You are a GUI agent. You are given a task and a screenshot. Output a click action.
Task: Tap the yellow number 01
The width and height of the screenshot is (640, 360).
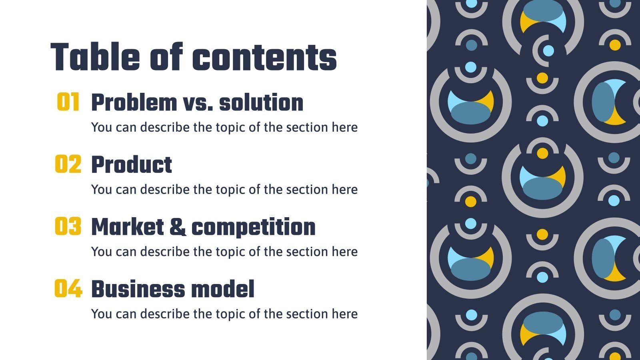point(68,102)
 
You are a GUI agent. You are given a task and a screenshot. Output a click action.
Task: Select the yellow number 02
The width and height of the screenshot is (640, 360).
point(68,164)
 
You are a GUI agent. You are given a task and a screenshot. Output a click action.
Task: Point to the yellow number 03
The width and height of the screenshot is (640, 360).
point(68,226)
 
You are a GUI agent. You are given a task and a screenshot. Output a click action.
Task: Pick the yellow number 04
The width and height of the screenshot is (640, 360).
point(68,289)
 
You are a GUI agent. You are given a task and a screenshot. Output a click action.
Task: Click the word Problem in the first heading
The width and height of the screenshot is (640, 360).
point(134,103)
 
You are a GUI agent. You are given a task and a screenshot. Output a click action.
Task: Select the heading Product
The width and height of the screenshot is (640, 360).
point(132,165)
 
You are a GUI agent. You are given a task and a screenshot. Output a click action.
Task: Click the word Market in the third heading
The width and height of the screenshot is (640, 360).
point(127,227)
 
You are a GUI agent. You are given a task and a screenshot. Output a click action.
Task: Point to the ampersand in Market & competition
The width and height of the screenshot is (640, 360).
point(177,227)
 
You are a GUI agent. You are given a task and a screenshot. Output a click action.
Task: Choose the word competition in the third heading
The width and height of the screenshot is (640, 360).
point(253,227)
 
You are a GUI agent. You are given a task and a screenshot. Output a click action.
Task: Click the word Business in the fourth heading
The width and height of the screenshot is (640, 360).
point(138,289)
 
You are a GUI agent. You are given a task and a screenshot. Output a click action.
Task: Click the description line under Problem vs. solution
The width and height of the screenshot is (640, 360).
point(224,127)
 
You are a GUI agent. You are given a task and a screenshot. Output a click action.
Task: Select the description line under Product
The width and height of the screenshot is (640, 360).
point(224,189)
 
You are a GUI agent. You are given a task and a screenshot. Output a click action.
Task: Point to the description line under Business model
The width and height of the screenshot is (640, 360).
point(224,314)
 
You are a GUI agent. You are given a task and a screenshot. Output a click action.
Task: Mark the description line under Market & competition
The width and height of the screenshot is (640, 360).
point(224,252)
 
